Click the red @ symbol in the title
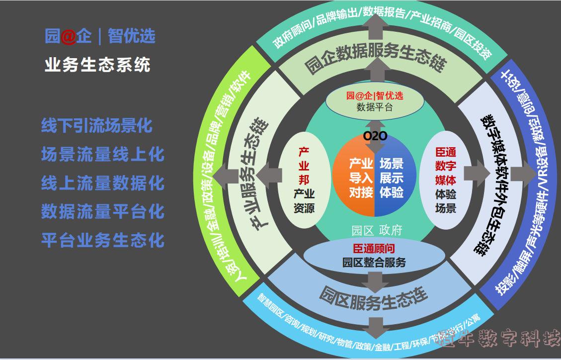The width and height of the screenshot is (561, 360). point(70,36)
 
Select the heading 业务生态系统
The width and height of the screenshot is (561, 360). point(97,65)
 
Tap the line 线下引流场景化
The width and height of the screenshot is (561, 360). point(96,126)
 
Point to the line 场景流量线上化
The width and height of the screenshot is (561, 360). point(102,154)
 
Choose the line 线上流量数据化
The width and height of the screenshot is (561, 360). point(102,183)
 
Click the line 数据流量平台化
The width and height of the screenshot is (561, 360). point(102,211)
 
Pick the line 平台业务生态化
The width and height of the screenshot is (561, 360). point(102,240)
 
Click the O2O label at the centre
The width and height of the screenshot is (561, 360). point(375,136)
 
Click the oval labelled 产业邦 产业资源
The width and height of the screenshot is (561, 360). point(304,180)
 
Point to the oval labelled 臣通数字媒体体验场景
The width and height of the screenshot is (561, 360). point(445,180)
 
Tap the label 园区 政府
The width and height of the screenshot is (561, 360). point(376,230)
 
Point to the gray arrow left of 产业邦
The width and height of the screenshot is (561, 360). point(270,173)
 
